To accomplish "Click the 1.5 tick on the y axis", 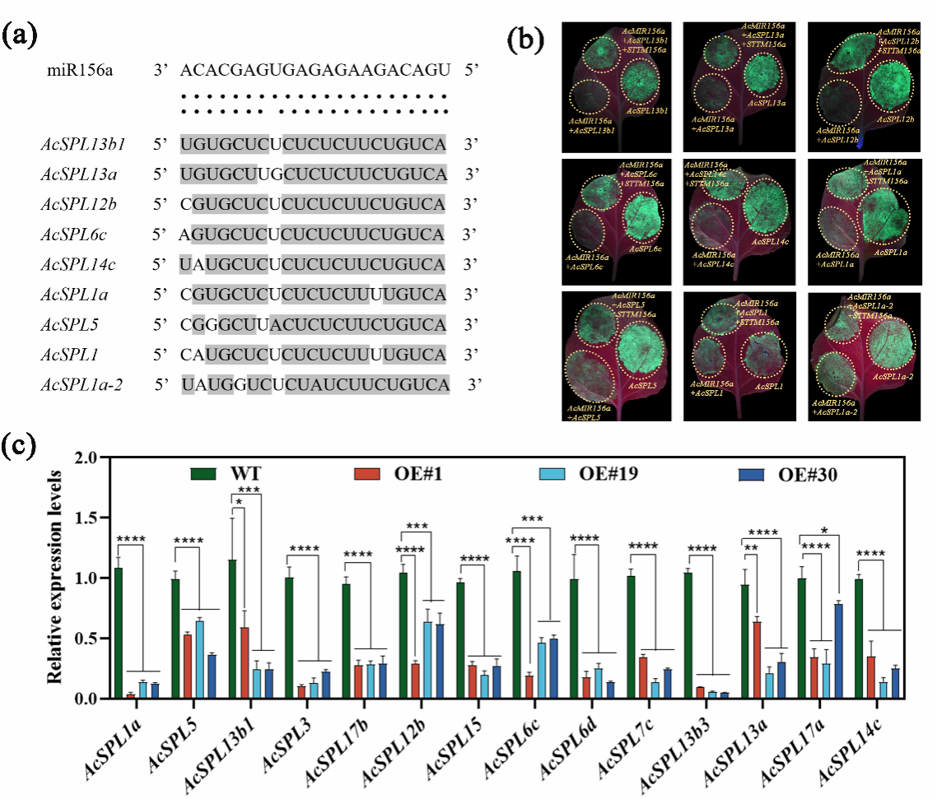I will coord(86,518).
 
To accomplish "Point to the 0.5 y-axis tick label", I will coord(86,639).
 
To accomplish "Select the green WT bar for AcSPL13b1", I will coord(233,629).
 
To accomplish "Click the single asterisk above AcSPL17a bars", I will coord(823,530).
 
